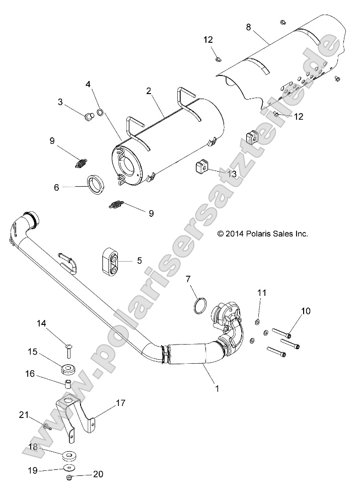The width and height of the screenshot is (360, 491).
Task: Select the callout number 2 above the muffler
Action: (x=149, y=91)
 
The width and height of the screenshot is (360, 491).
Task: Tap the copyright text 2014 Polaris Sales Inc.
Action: (x=262, y=233)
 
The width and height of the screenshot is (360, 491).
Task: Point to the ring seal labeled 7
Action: (x=200, y=305)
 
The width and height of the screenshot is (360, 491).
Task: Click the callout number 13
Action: (x=232, y=173)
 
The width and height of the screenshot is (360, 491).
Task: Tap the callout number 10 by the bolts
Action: (x=306, y=311)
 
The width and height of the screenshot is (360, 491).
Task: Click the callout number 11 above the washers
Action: (x=261, y=292)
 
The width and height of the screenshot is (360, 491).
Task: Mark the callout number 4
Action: (x=89, y=84)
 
